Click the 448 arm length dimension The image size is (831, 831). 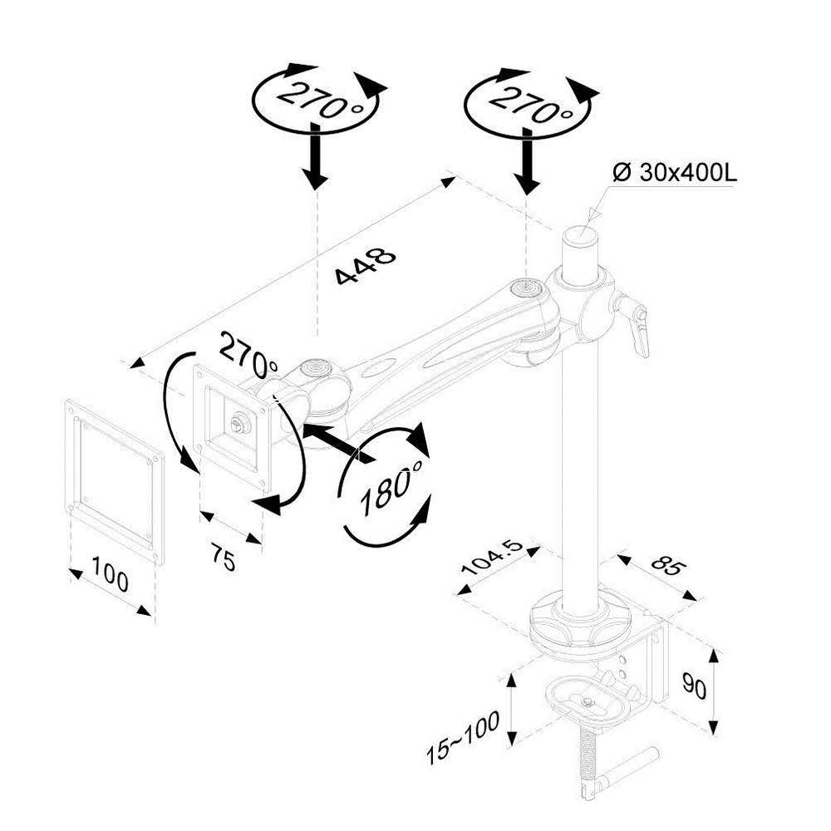(x=366, y=266)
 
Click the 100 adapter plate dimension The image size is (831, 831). (x=110, y=579)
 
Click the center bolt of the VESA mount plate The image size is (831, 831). (x=238, y=424)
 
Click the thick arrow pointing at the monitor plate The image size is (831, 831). (x=336, y=440)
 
